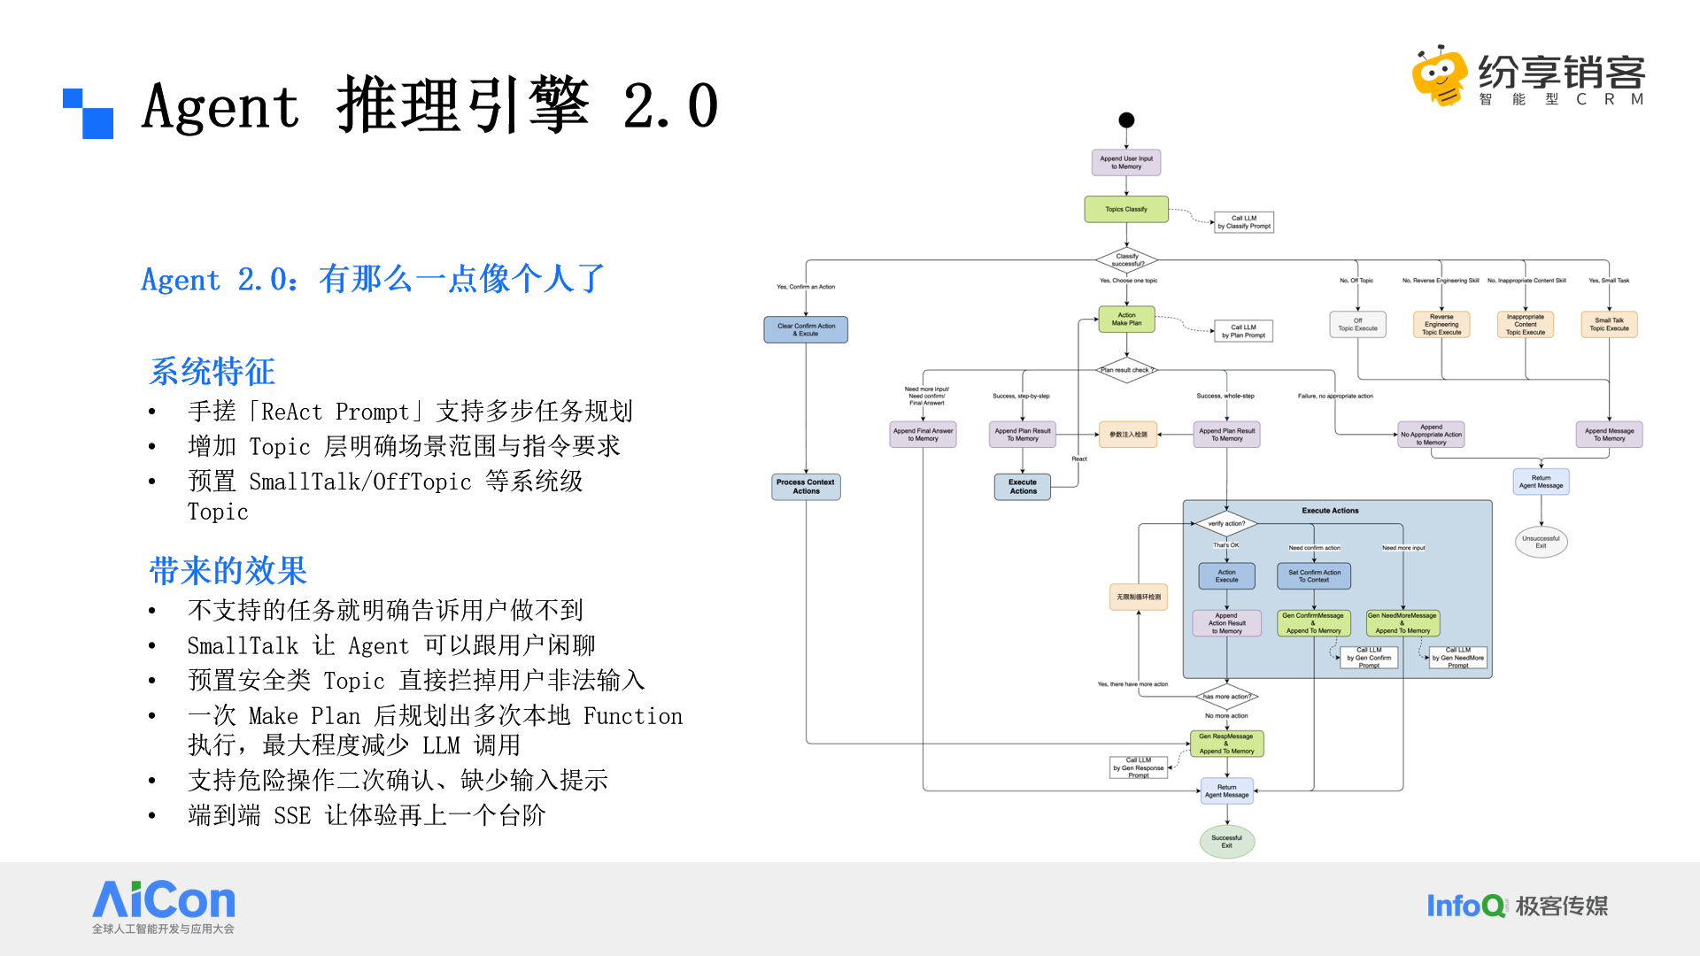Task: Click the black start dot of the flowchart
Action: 1126,120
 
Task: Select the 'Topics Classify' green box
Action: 1126,210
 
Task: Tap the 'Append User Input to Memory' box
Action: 1126,163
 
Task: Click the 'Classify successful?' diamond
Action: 1127,260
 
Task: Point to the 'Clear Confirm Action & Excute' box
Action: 806,330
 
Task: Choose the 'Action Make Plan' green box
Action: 1126,320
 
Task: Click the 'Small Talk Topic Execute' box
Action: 1609,325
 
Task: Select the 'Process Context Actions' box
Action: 806,487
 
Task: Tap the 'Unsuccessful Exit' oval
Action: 1541,542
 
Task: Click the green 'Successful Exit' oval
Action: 1226,842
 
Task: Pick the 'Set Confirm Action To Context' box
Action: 1314,576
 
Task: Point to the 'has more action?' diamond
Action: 1226,697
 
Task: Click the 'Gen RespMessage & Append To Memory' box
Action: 1226,744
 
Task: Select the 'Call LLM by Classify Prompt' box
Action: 1243,222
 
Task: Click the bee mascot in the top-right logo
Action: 1440,76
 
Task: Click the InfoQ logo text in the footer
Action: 1465,906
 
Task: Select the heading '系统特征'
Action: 212,372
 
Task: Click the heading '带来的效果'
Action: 228,571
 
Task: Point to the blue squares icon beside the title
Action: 89,113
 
